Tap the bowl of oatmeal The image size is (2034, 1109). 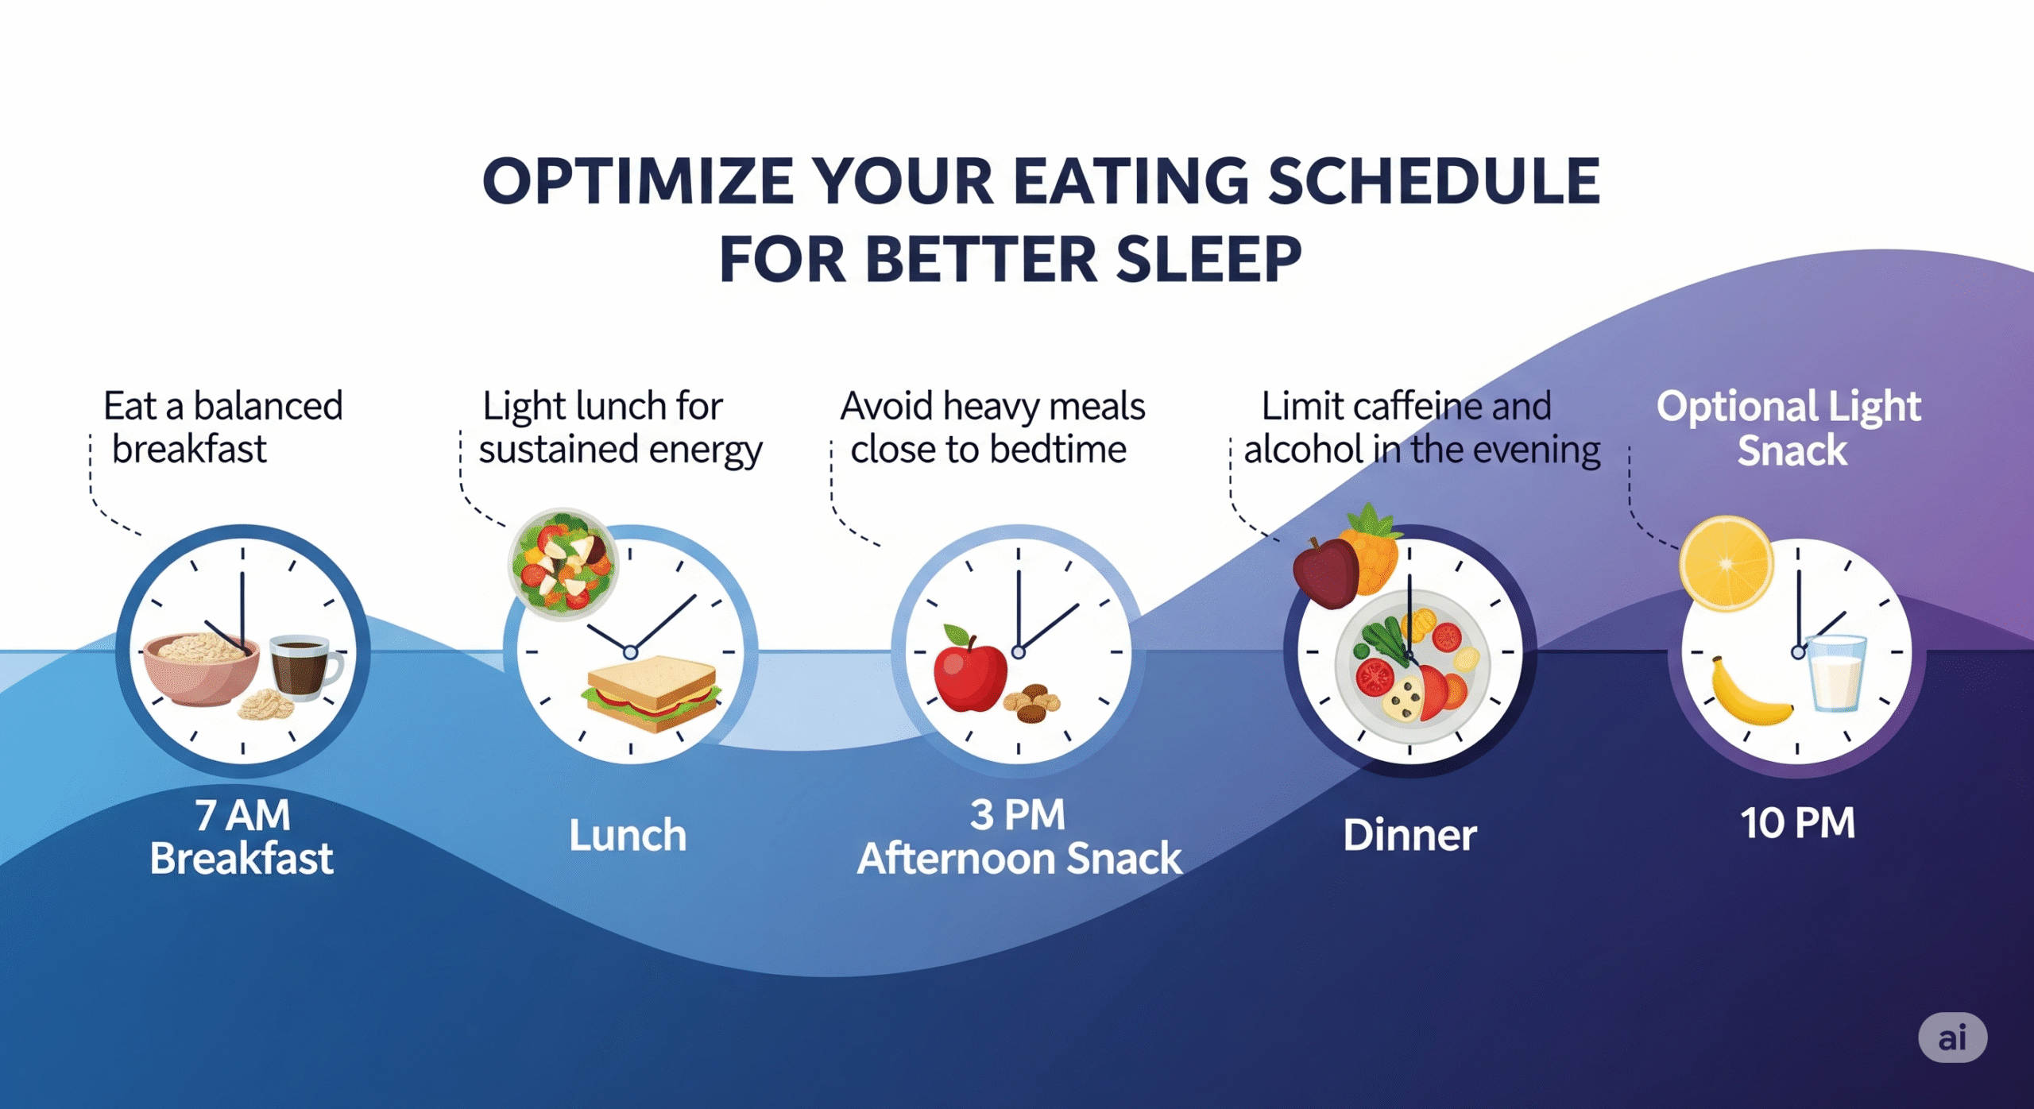click(x=201, y=668)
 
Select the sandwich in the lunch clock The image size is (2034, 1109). click(x=651, y=693)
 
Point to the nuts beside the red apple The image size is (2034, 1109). click(x=1032, y=702)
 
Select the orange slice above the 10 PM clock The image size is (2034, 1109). click(x=1726, y=563)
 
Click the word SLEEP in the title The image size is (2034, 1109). click(x=1208, y=260)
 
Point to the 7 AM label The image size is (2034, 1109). click(x=242, y=815)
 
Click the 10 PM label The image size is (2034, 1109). click(x=1797, y=823)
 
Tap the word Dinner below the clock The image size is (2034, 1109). click(x=1409, y=835)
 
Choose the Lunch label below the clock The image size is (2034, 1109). click(x=628, y=835)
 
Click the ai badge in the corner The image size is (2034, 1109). click(x=1952, y=1038)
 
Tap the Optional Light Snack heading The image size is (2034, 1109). click(x=1788, y=428)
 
